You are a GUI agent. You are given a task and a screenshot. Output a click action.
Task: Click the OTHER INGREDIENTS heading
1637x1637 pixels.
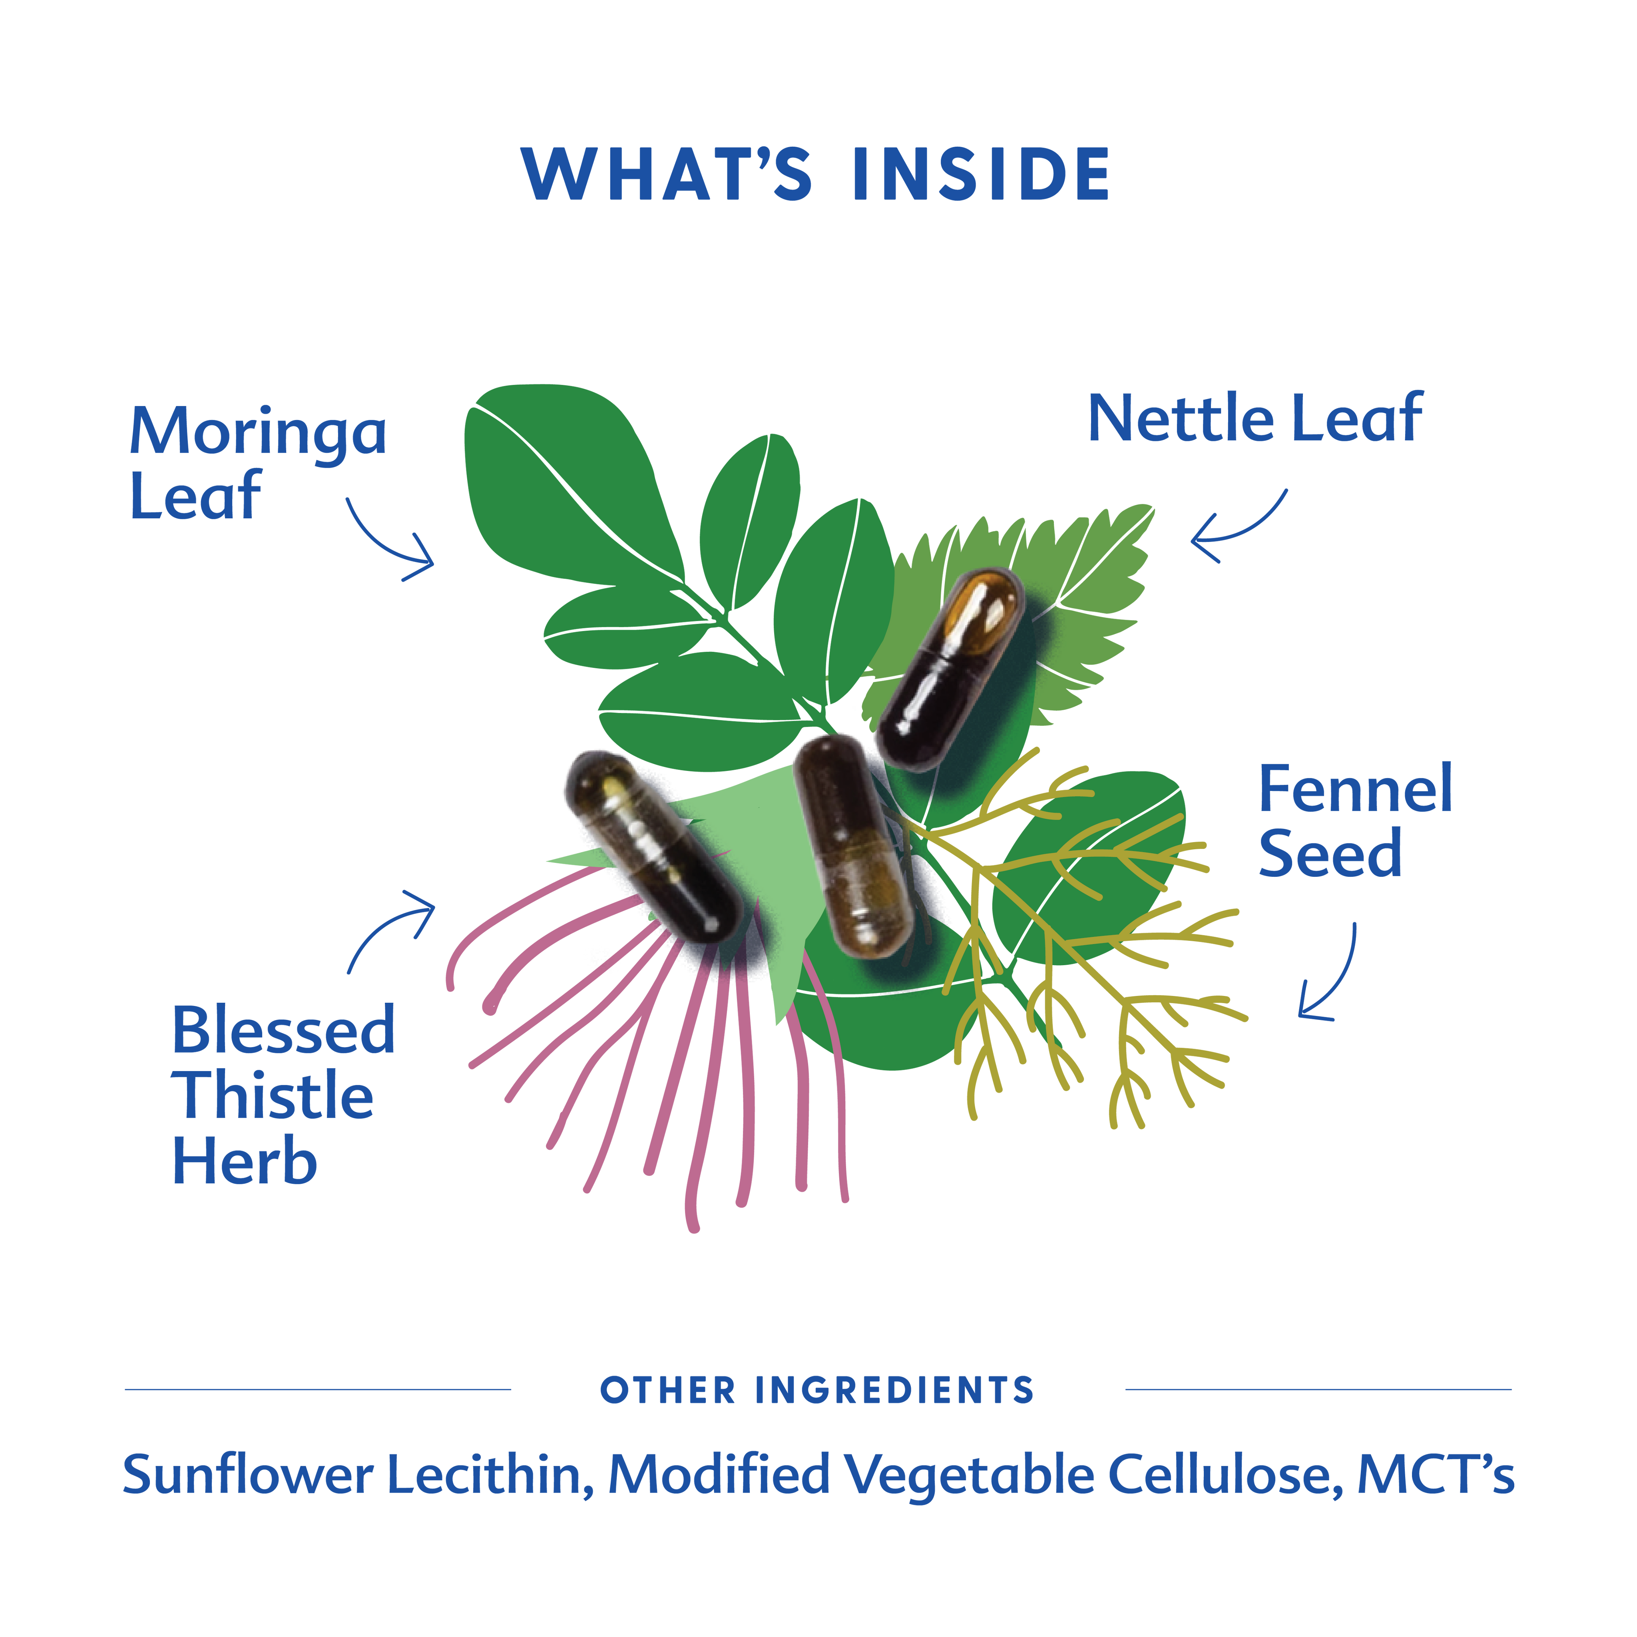pos(818,1390)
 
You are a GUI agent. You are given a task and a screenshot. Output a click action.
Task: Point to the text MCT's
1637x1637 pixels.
pos(1435,1475)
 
